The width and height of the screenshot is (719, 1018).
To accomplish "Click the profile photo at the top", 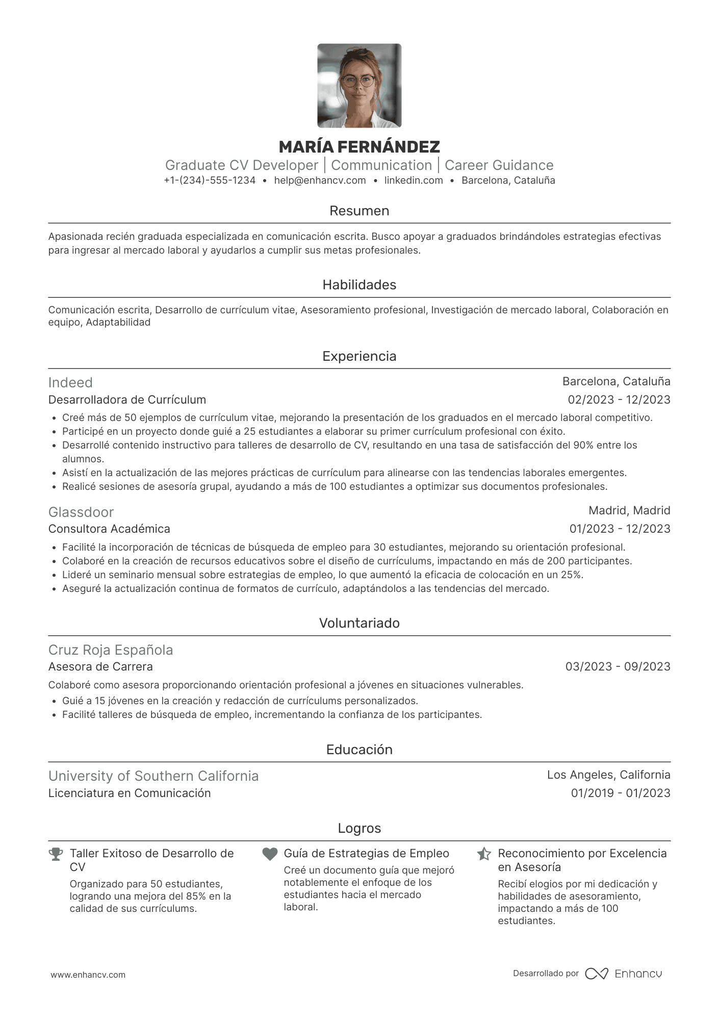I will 359,86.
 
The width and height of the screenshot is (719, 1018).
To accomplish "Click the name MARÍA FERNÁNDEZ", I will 359,147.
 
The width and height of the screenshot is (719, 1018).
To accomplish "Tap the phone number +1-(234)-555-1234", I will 210,180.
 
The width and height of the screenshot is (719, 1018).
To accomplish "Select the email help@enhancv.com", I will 320,180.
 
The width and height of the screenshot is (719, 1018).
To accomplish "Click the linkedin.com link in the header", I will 414,180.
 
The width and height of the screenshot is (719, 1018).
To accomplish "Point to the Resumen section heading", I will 359,211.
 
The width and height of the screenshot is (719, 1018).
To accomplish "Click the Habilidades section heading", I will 359,285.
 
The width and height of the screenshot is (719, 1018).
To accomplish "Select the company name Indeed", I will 70,383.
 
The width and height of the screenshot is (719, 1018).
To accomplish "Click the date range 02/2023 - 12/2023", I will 619,400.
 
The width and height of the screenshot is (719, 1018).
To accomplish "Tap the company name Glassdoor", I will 81,512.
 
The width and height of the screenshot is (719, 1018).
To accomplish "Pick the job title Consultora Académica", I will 109,529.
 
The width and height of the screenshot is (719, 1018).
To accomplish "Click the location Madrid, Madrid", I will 629,510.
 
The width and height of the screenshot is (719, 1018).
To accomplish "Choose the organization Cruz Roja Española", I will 111,650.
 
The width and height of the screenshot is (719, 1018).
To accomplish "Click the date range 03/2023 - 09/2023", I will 618,666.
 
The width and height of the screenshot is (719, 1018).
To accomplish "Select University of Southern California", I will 153,776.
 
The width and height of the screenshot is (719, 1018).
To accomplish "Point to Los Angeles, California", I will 608,775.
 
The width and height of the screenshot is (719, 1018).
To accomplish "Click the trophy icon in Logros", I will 56,854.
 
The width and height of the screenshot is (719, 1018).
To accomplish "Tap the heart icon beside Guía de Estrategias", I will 270,854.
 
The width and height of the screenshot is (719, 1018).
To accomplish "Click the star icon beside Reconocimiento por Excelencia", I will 484,854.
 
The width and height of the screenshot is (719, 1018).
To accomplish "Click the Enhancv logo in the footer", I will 623,974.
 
